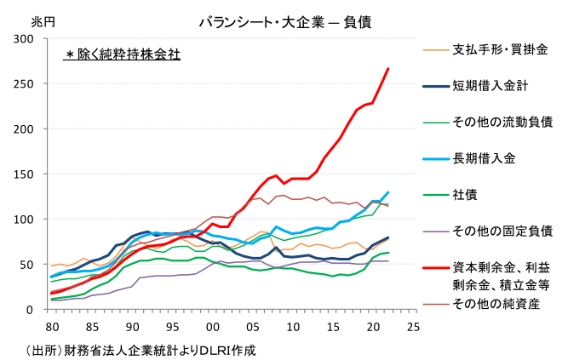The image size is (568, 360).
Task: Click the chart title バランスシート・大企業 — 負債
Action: pos(284,21)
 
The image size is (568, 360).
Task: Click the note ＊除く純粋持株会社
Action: pos(123,55)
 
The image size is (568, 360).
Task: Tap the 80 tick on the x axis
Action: pos(51,326)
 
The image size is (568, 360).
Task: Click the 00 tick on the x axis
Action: pos(211,326)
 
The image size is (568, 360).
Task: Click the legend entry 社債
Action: pos(464,194)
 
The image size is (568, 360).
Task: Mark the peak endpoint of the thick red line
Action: pos(388,69)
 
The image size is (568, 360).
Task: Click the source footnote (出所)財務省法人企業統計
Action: pos(141,350)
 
